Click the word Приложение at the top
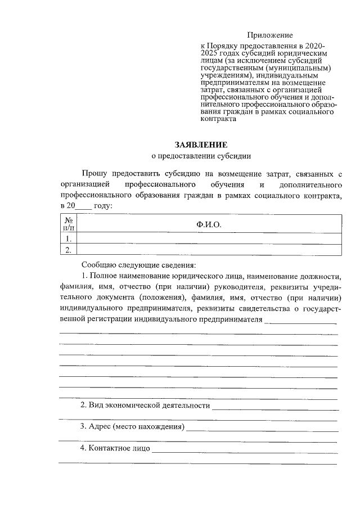point(269,35)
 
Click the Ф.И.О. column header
point(209,224)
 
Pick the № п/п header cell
point(68,224)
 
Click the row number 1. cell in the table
point(68,238)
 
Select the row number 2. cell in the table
point(68,249)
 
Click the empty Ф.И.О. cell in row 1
point(209,238)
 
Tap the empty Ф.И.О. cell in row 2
point(209,249)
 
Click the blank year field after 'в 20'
point(82,206)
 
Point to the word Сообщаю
point(98,264)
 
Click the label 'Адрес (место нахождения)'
point(132,426)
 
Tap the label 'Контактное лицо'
point(115,448)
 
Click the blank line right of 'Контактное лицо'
point(244,450)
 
